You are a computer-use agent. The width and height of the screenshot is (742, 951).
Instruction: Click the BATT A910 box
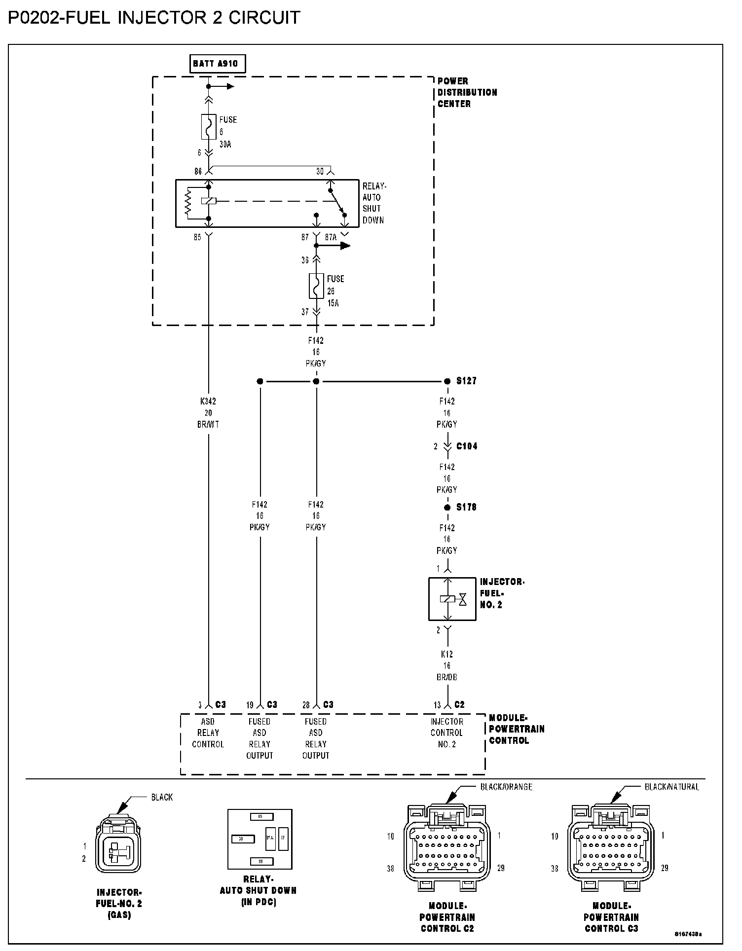[218, 64]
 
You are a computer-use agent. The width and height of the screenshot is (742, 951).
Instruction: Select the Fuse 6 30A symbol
[209, 127]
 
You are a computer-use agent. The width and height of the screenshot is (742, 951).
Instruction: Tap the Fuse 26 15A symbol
[316, 286]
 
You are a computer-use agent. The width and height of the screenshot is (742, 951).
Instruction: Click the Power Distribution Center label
[467, 92]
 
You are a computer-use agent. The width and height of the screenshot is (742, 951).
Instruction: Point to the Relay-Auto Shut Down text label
[373, 203]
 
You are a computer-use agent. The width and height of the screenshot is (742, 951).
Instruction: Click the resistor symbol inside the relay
[187, 203]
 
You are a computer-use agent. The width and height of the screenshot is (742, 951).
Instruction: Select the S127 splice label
[466, 381]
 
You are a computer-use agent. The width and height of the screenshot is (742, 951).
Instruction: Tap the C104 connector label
[466, 446]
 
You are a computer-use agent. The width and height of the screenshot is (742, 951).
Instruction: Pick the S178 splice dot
[447, 508]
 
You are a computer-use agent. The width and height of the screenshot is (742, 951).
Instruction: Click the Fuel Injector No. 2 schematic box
[452, 599]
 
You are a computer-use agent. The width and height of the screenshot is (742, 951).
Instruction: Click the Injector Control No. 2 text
[447, 733]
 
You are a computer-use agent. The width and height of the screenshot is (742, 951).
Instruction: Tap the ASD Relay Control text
[208, 733]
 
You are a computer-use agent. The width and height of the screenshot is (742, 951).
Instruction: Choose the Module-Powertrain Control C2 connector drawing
[447, 847]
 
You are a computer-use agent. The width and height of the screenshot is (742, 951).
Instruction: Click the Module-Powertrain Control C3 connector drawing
[611, 847]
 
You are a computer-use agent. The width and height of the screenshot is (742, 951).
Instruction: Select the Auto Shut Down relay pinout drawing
[260, 839]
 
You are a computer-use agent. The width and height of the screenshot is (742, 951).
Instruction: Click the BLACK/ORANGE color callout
[506, 787]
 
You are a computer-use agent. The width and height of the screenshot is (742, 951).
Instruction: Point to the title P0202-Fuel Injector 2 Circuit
[154, 18]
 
